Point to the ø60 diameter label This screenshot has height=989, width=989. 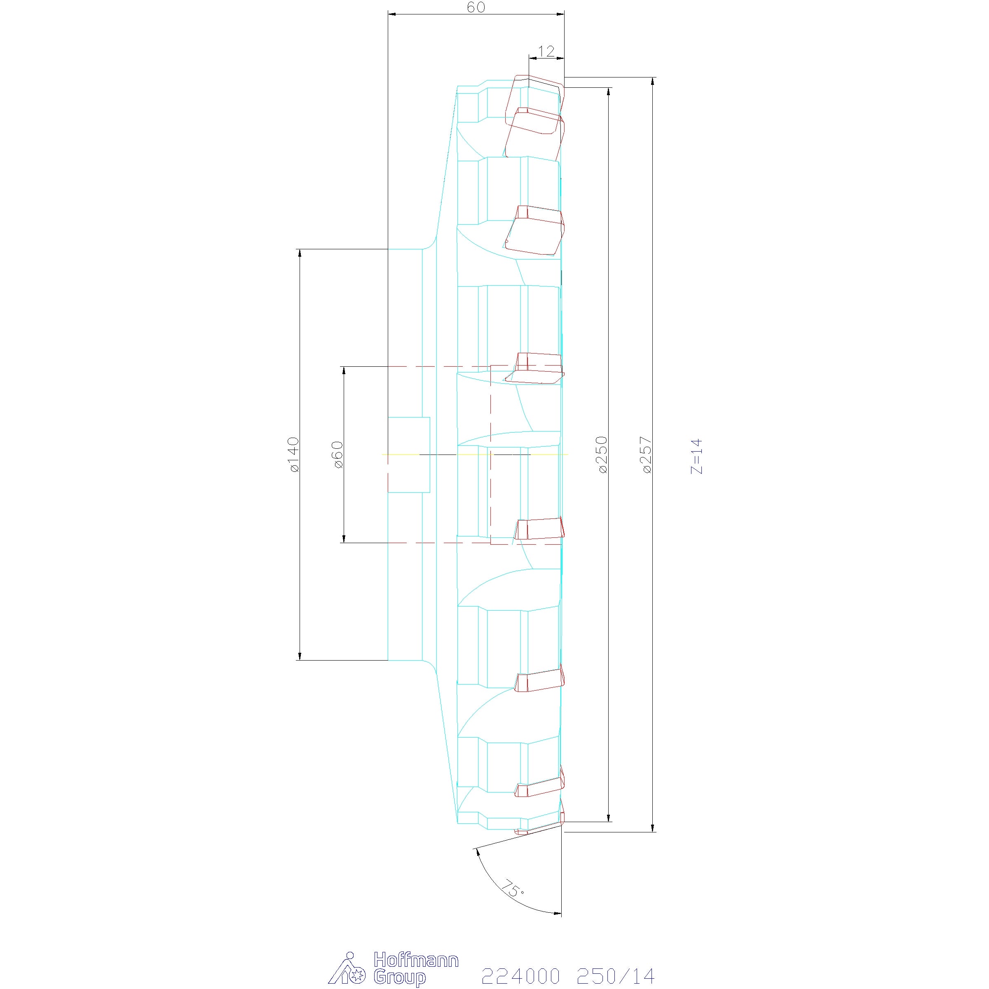pyautogui.click(x=338, y=455)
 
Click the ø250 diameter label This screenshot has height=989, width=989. pyautogui.click(x=602, y=455)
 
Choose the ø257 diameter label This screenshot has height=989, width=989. pyautogui.click(x=647, y=455)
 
